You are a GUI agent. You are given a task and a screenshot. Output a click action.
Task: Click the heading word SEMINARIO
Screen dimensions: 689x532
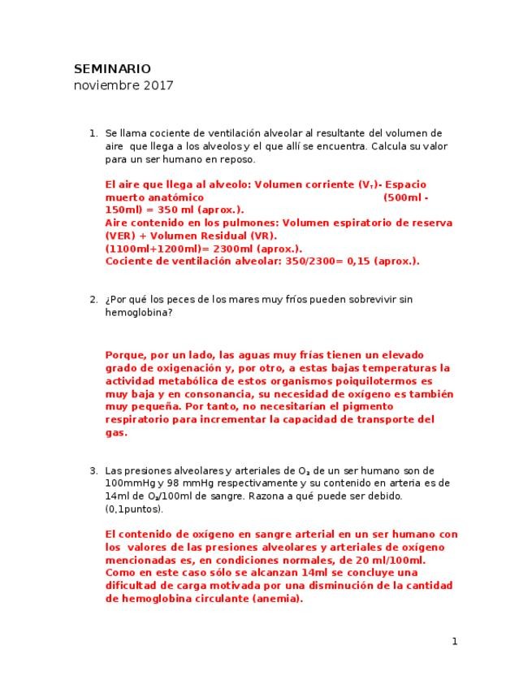click(x=112, y=69)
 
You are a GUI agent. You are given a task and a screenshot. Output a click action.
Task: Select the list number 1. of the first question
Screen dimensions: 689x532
click(x=93, y=133)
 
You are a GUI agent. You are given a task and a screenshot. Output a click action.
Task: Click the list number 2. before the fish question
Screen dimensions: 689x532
click(x=93, y=299)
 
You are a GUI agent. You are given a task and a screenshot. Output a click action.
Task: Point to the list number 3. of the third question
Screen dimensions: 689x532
click(x=93, y=470)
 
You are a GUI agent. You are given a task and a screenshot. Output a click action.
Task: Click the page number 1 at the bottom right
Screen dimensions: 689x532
click(x=455, y=641)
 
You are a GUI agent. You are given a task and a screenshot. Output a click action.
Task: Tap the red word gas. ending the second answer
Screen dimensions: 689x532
click(x=116, y=433)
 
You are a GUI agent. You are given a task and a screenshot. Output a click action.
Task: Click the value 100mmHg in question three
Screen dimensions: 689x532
click(x=131, y=483)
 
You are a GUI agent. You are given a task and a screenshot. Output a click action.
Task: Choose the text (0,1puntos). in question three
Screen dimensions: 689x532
click(x=134, y=509)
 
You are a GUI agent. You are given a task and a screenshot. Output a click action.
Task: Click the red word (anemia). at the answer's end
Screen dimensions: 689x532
click(x=275, y=599)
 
